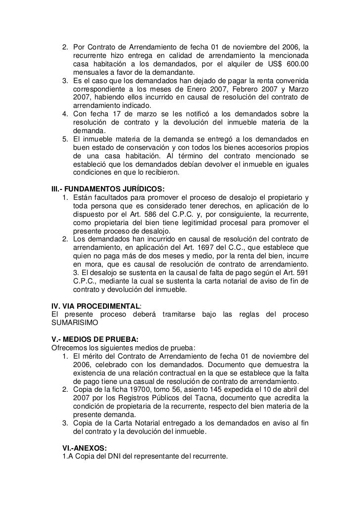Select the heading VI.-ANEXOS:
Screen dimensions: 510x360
(x=86, y=448)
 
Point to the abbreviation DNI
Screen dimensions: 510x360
(x=111, y=456)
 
